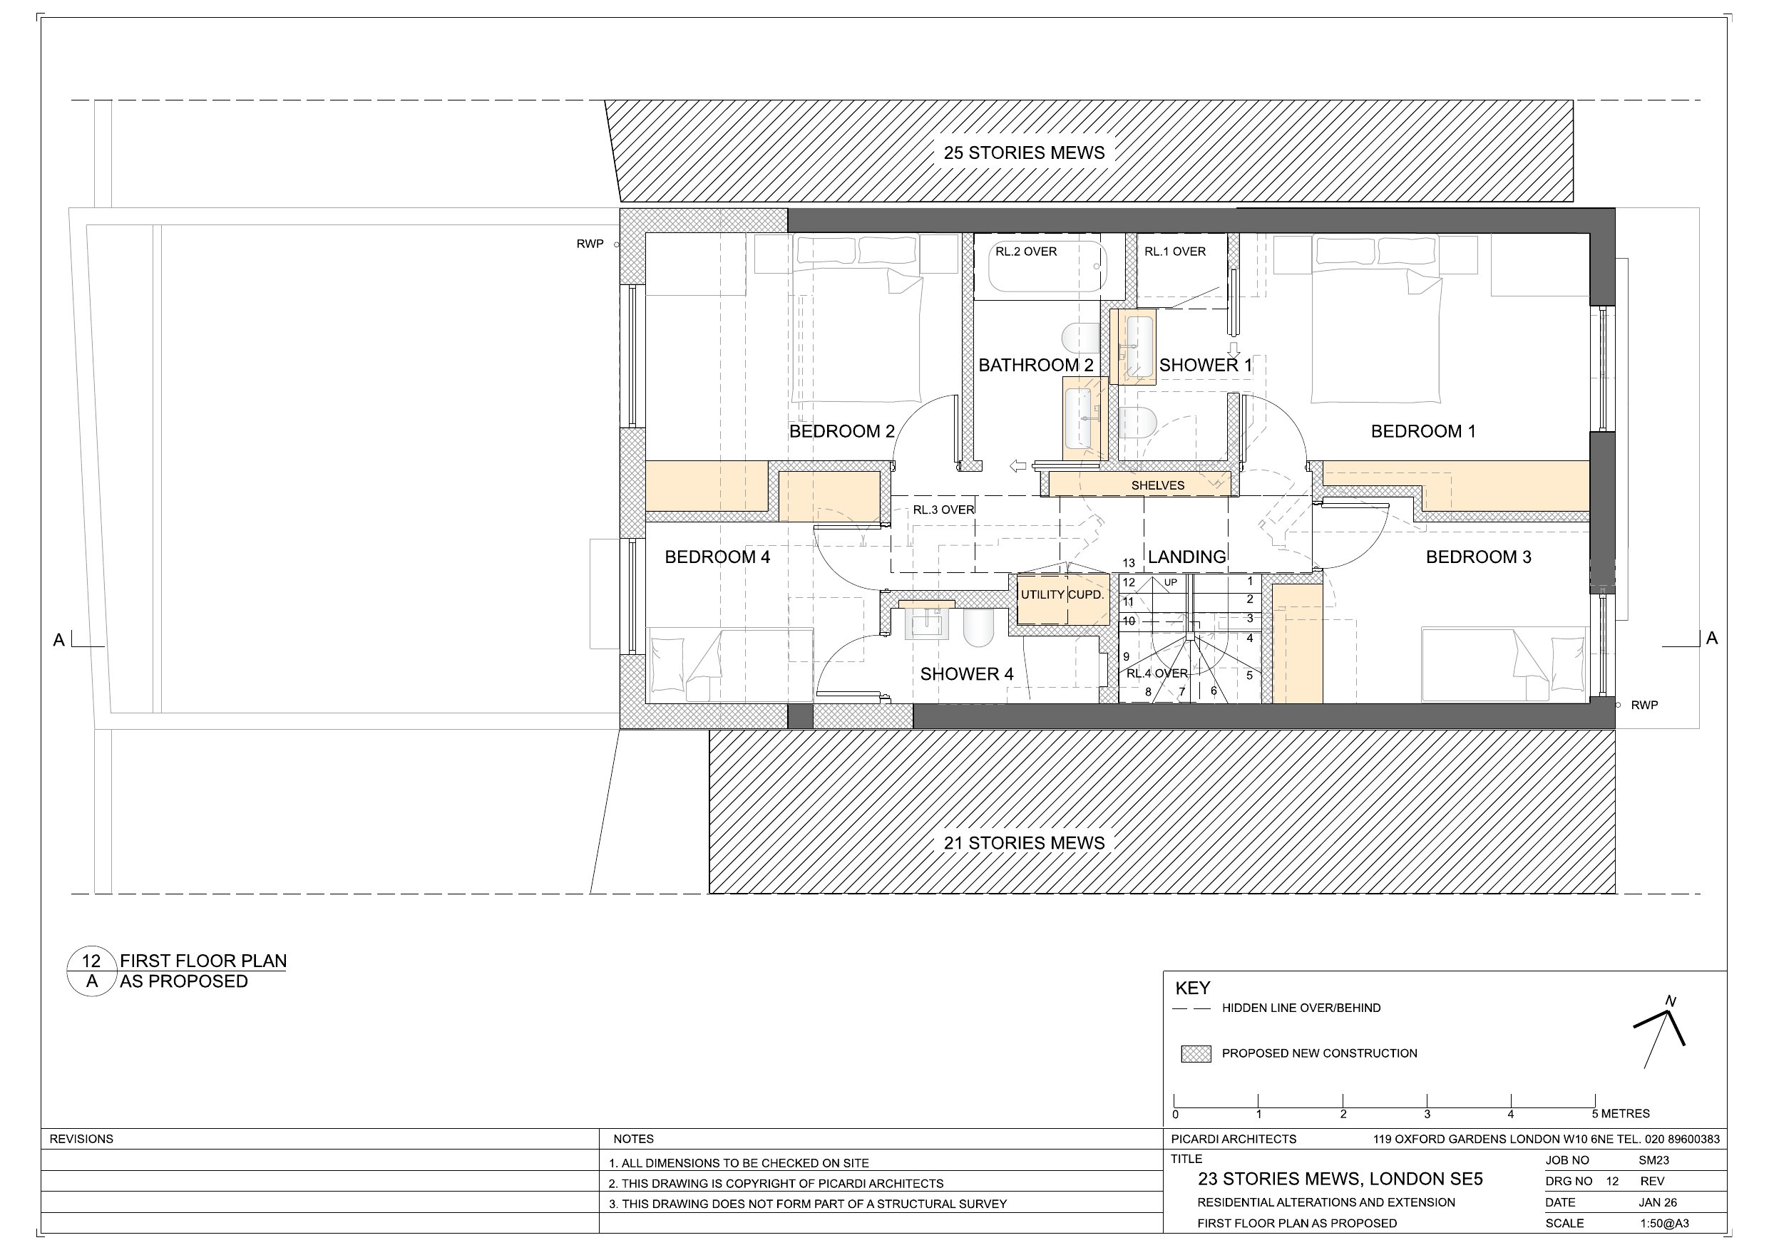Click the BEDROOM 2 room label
[x=841, y=431]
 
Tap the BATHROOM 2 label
[x=1035, y=365]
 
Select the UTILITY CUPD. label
[x=1062, y=594]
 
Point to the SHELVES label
[x=1157, y=485]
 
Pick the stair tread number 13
[x=1129, y=563]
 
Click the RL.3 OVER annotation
[x=944, y=510]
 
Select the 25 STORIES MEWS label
[x=1024, y=153]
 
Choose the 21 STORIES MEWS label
[x=1024, y=842]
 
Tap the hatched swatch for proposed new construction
[x=1196, y=1053]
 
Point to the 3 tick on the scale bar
[x=1427, y=1101]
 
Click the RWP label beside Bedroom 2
[x=590, y=244]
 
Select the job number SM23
[x=1653, y=1160]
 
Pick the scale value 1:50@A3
[x=1664, y=1223]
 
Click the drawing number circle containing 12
[x=92, y=971]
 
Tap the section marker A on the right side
[x=1712, y=639]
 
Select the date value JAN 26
[x=1658, y=1202]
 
